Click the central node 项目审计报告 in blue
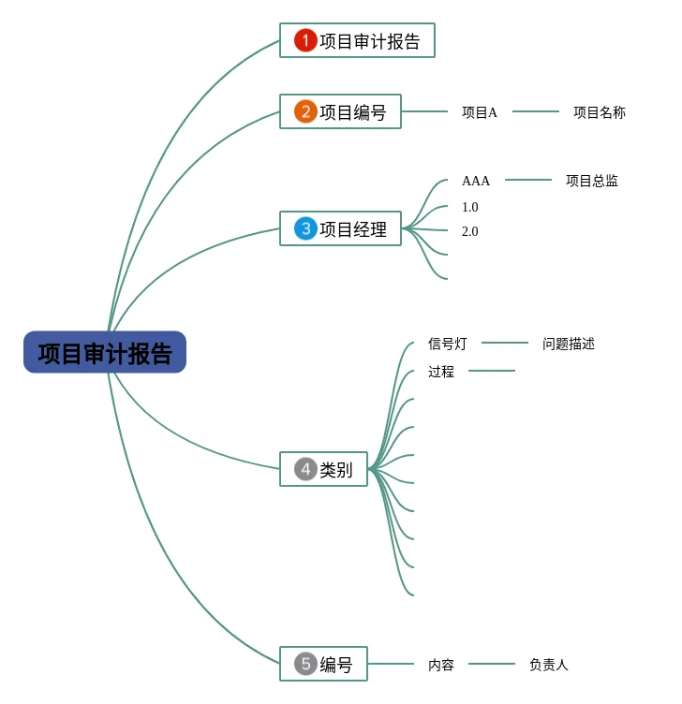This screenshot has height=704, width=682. (105, 353)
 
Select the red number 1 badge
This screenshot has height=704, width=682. (305, 40)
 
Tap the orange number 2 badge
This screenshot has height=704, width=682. (305, 111)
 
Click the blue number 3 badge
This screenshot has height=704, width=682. (305, 228)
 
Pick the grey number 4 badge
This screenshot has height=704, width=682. (305, 469)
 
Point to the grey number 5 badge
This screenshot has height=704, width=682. (305, 664)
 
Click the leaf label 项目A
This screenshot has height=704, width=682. (480, 112)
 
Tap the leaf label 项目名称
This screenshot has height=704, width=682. (600, 112)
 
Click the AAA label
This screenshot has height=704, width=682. (476, 181)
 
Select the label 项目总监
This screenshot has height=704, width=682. (592, 181)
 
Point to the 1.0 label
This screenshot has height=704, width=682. (469, 207)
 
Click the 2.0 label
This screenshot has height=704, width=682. (469, 231)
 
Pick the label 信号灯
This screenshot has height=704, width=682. (448, 344)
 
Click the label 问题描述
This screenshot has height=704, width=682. (569, 344)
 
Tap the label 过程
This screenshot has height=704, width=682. (441, 372)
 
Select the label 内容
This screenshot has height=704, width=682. (441, 665)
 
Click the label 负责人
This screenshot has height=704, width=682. (549, 665)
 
